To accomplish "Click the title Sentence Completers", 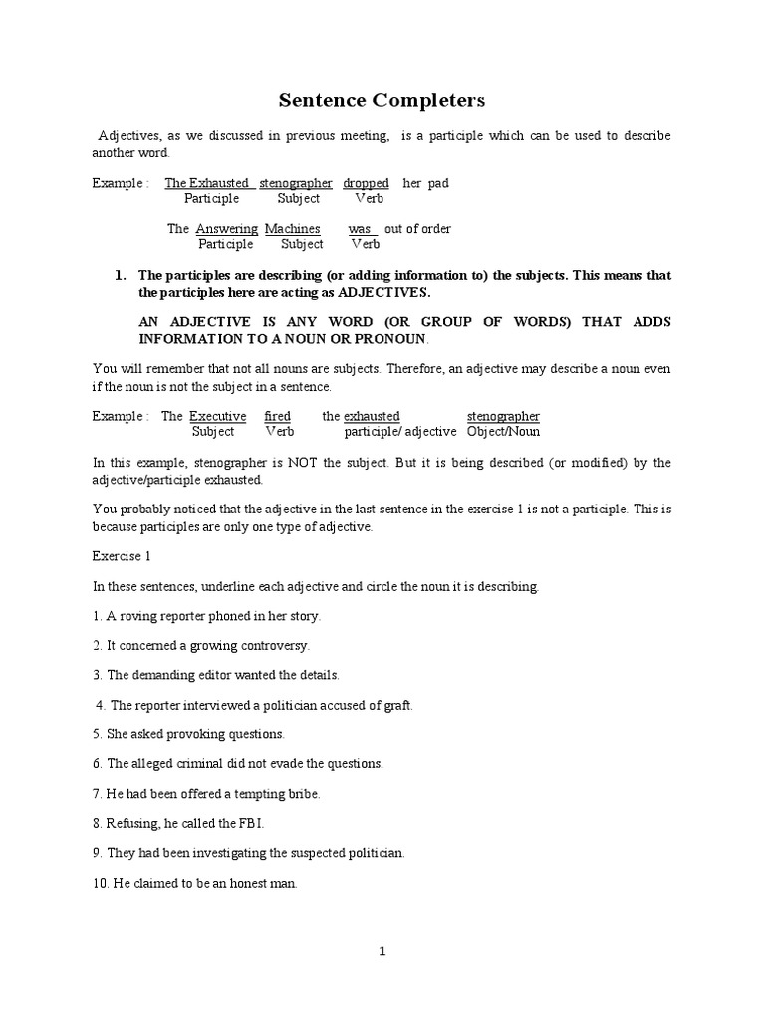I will [382, 100].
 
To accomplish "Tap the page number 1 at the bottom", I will [382, 951].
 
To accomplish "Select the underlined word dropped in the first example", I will [366, 183].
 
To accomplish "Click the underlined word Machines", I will [292, 229].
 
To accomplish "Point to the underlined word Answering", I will [227, 229].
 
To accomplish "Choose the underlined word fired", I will [278, 416].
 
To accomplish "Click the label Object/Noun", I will [503, 432].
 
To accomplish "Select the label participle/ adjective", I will [400, 432].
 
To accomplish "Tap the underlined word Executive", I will [217, 416].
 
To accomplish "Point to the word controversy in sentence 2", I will [269, 645].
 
